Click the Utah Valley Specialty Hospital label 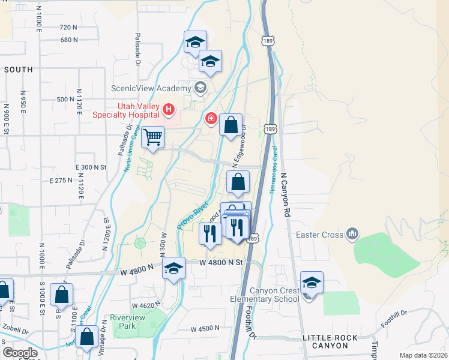pos(129,110)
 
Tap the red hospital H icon pos(169,110)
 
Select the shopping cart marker pos(152,137)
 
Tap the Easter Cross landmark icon pos(352,233)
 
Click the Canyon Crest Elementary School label pos(264,295)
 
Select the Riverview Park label pos(124,322)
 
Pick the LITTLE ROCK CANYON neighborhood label pos(325,341)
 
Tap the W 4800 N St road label pos(221,263)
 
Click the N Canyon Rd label pos(287,195)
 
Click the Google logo pos(20,353)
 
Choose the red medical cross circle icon pos(211,118)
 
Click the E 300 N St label pos(91,167)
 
